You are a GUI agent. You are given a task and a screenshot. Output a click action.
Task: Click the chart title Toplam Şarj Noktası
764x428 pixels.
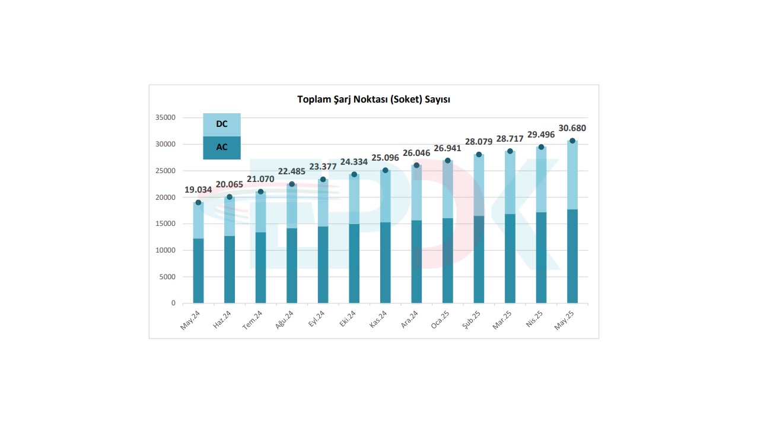[373, 100]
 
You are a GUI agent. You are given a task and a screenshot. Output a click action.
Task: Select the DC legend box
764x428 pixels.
[222, 124]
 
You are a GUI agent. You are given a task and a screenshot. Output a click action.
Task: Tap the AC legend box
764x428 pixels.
[222, 148]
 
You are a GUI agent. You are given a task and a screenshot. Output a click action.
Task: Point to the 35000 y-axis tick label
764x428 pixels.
[165, 118]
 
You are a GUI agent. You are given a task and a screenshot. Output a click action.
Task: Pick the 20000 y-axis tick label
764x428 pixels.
[165, 197]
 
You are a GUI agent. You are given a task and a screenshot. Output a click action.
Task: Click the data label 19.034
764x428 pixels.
[198, 190]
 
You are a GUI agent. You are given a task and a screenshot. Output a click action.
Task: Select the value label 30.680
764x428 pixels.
[572, 128]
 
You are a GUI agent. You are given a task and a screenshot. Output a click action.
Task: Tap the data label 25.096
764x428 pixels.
[386, 158]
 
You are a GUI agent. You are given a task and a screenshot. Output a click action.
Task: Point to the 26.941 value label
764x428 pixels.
[448, 148]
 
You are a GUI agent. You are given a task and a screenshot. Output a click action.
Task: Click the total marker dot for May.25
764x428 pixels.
[572, 141]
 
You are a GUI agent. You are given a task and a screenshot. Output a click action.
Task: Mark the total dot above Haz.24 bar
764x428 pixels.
[230, 197]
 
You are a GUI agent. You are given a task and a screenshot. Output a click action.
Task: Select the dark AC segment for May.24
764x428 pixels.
[198, 271]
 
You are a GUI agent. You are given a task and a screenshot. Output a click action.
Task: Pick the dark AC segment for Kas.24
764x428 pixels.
[386, 263]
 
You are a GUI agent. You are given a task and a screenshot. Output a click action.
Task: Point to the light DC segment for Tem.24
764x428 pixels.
[260, 212]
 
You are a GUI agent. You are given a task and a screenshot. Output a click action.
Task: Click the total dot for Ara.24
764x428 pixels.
[416, 165]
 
